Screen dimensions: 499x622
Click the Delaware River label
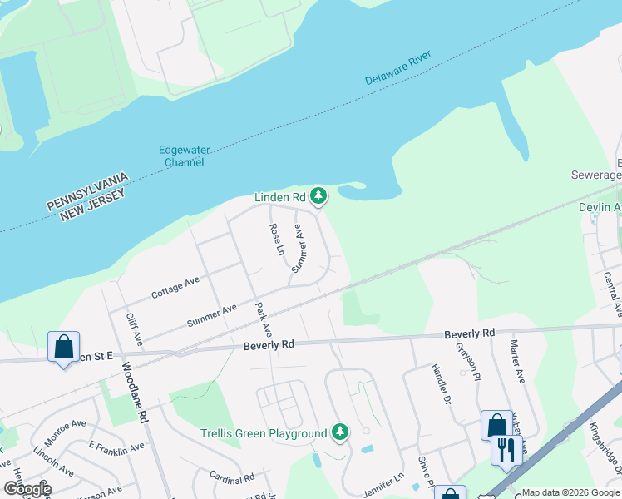(x=407, y=69)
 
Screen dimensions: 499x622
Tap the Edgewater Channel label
(x=185, y=156)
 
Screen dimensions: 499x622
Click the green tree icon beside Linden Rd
(x=318, y=197)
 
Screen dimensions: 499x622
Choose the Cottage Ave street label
(x=175, y=288)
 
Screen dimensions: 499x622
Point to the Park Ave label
(x=264, y=319)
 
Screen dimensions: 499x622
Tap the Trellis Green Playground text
(x=264, y=433)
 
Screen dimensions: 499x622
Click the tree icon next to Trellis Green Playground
(x=339, y=432)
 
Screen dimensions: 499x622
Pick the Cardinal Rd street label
(x=231, y=478)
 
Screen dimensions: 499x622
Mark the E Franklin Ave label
(x=116, y=448)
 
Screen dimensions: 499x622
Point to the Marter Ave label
(x=517, y=361)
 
